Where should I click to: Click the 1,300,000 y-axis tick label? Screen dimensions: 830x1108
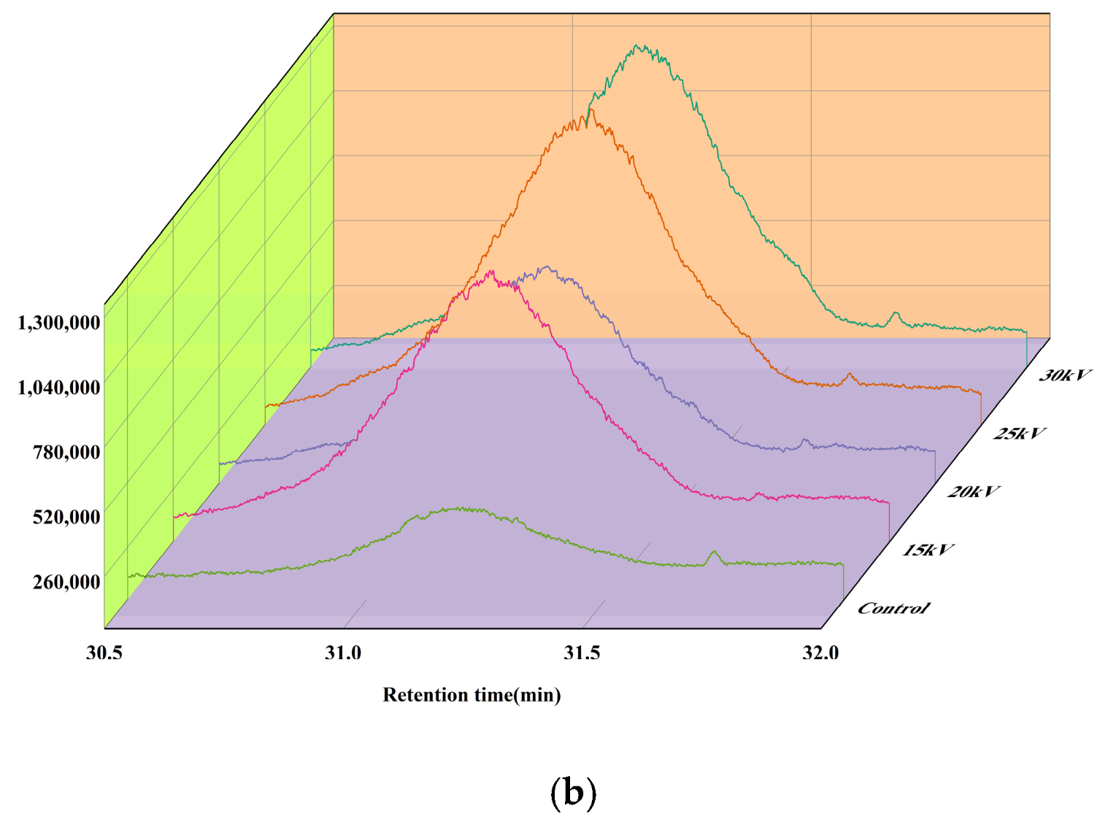59,322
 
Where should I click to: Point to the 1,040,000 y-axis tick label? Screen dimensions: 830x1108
59,387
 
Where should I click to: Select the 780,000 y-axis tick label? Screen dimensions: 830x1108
66,452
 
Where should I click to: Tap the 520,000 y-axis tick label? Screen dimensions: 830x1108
66,517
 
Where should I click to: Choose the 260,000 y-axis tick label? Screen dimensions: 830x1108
66,582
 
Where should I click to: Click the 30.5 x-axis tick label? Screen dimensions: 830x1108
104,653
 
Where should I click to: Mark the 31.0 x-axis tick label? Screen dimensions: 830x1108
343,653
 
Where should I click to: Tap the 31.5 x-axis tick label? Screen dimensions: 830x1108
582,653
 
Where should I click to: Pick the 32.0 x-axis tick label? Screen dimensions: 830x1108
820,653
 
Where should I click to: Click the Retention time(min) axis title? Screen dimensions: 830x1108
472,695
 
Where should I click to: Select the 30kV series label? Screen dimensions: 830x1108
1065,375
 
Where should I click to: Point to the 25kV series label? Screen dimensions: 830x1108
1019,434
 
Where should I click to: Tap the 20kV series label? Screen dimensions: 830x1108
973,492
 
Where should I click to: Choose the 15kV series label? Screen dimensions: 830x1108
927,550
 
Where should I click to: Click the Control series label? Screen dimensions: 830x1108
893,608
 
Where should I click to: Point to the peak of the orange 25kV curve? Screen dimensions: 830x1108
590,110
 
